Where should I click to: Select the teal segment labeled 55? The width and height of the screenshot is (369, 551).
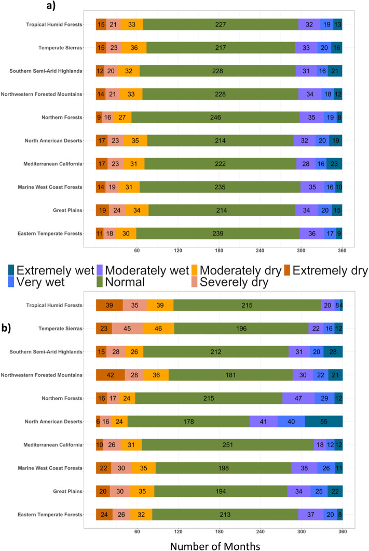coord(323,421)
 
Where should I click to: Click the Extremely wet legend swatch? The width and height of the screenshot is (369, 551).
coord(11,270)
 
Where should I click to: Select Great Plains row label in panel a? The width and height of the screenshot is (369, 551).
coord(65,211)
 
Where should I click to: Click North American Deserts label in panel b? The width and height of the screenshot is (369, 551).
coord(56,422)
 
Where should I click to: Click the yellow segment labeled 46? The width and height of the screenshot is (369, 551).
coord(158,328)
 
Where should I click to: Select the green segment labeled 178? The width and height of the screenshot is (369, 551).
coord(188,421)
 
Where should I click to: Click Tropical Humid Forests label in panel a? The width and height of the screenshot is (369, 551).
coord(54,24)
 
